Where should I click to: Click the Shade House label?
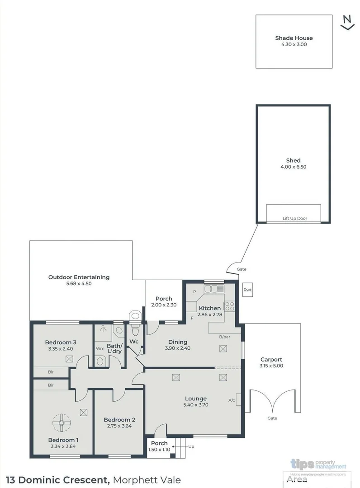(x=294, y=38)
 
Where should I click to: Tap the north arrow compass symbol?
(x=347, y=23)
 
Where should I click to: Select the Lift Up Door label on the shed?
(x=294, y=218)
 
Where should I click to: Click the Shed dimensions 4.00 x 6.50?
(x=293, y=167)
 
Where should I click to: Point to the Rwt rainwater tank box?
(x=247, y=290)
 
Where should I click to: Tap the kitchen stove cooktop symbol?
(x=229, y=306)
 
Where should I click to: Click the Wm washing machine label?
(x=100, y=348)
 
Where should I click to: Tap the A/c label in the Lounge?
(x=232, y=400)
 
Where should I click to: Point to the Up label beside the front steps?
(x=191, y=446)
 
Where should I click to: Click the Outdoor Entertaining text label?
(x=79, y=277)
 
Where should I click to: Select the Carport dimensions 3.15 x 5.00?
(x=271, y=366)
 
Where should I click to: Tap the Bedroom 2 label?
(x=119, y=419)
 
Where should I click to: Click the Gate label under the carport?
(x=272, y=418)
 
